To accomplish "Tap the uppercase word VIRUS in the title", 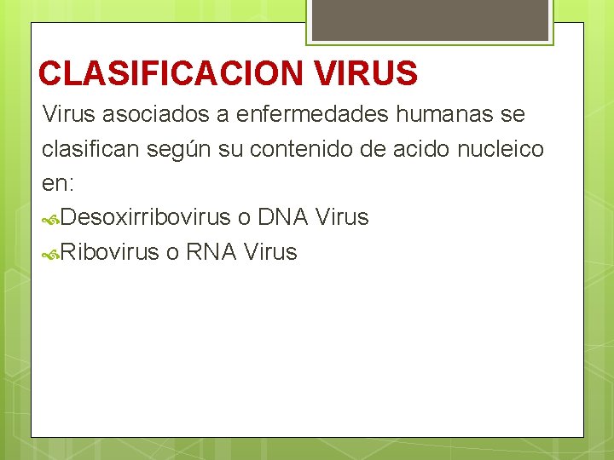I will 366,73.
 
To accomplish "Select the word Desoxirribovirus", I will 146,218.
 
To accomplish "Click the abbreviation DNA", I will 282,218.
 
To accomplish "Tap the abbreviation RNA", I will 211,252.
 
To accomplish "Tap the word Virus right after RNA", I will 270,252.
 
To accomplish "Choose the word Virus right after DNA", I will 342,218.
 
